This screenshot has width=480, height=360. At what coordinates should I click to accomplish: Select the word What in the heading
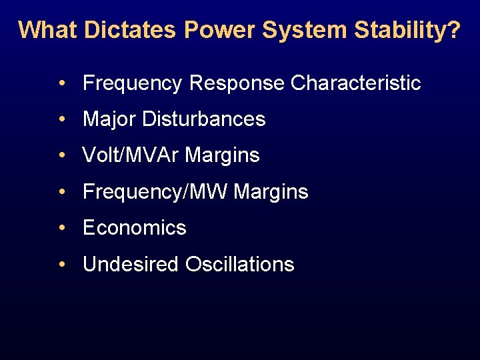tap(41, 30)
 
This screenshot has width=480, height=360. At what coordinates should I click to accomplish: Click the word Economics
tap(135, 228)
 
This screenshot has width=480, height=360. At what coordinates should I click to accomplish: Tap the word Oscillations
tap(240, 264)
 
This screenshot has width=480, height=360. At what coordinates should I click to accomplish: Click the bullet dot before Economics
tap(61, 228)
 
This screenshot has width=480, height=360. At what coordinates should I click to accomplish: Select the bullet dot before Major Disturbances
tap(61, 119)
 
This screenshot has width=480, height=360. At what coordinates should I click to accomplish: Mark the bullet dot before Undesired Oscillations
tap(61, 264)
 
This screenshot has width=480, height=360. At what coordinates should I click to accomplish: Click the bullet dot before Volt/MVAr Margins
tap(61, 155)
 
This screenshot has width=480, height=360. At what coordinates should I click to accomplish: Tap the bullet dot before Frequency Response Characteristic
tap(61, 83)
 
